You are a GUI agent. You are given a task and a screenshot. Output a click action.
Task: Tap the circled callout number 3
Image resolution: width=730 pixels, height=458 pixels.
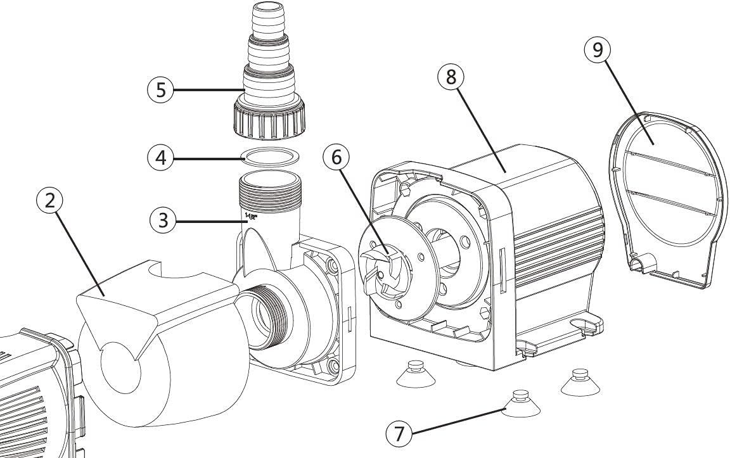coord(163,220)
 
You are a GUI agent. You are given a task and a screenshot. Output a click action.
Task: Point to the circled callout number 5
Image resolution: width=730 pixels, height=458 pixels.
coord(161,89)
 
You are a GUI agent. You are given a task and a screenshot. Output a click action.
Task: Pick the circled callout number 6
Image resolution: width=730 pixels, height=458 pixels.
coord(336,157)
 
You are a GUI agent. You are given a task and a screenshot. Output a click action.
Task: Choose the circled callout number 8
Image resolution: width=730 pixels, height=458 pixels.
coord(451,77)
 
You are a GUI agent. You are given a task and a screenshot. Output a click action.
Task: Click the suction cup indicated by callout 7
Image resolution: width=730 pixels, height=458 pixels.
coord(518,405)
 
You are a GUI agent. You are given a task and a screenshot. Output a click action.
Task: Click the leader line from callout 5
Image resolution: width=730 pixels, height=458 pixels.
coord(206,89)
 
